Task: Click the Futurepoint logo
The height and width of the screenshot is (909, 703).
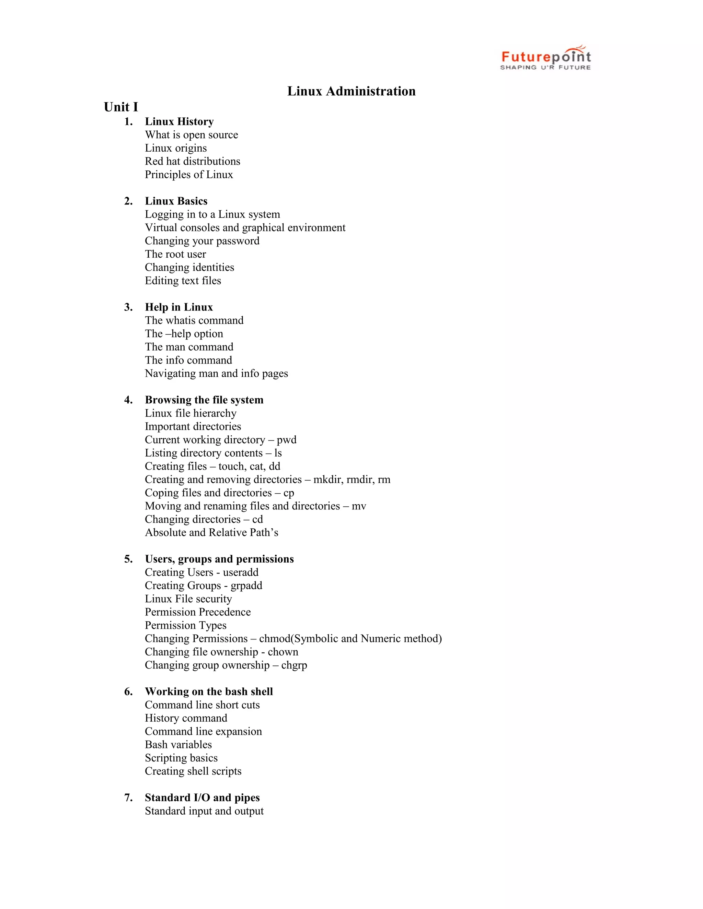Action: point(545,58)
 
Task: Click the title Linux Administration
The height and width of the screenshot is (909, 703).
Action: point(351,91)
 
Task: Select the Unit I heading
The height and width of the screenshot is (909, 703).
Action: point(121,107)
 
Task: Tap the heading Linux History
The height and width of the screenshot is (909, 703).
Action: point(179,121)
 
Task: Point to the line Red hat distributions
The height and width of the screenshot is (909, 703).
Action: point(193,161)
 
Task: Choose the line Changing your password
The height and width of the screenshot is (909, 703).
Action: point(202,241)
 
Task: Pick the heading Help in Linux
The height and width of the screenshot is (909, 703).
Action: point(178,307)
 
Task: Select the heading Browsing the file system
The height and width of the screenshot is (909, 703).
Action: point(204,400)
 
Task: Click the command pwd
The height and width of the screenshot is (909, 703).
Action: point(287,440)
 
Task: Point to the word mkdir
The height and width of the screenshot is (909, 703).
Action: point(328,480)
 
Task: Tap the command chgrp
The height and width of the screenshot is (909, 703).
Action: point(294,665)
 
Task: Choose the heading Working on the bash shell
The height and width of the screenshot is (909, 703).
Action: point(209,692)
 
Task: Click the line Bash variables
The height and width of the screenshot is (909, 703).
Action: point(178,745)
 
